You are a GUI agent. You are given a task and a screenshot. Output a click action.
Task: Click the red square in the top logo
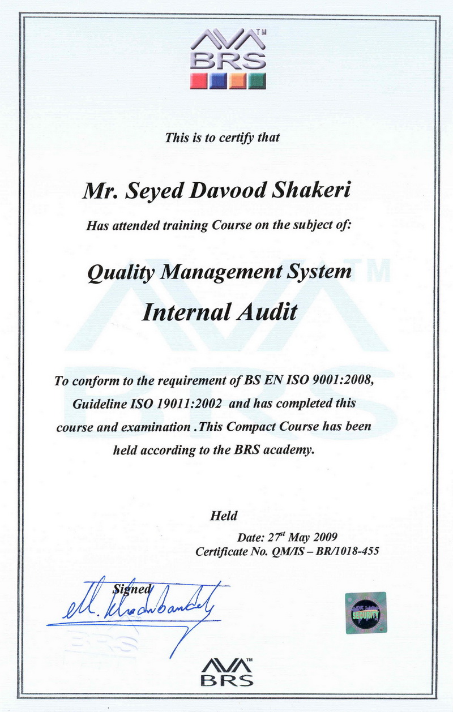click(199, 80)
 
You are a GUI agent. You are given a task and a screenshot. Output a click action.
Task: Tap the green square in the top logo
click(257, 80)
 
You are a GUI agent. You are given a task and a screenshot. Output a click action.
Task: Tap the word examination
click(155, 427)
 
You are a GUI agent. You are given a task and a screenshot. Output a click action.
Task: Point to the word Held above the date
click(223, 516)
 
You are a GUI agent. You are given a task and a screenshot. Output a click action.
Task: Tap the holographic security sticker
click(365, 612)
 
